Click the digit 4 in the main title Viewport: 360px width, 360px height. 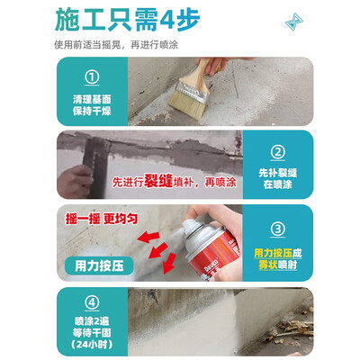click(166, 21)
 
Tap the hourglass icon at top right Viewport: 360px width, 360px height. click(294, 22)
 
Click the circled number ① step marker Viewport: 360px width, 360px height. click(92, 77)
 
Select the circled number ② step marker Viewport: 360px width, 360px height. click(278, 152)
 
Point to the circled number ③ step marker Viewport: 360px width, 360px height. click(278, 229)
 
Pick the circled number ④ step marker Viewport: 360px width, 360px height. click(92, 302)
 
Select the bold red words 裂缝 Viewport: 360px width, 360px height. click(158, 181)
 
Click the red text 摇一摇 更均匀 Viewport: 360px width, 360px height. click(102, 219)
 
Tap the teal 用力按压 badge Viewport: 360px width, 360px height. click(99, 265)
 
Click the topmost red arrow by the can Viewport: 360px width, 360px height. click(148, 237)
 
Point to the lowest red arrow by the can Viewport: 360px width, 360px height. click(169, 264)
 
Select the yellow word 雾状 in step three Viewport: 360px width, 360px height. click(268, 265)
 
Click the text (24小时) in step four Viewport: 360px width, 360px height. click(92, 344)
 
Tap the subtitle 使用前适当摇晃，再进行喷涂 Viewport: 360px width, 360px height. click(116, 45)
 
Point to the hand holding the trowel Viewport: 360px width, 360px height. click(75, 182)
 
